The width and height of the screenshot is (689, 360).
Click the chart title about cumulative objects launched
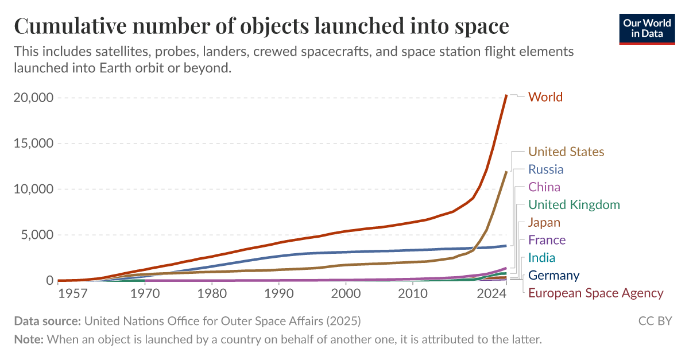(x=261, y=26)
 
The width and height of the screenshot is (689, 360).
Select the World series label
(x=545, y=97)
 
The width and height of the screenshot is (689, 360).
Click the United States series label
(x=566, y=152)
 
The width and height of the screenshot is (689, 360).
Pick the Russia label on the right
(x=545, y=169)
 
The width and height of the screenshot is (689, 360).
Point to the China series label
(x=544, y=187)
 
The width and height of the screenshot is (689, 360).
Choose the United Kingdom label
(x=574, y=205)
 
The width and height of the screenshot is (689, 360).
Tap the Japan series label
(x=544, y=222)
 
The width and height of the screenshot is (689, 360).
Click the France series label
(x=547, y=240)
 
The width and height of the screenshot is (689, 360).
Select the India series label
(x=541, y=258)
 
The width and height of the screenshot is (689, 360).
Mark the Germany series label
(x=553, y=276)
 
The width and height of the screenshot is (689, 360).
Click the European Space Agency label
(x=595, y=293)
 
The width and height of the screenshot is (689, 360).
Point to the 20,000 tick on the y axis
(x=33, y=98)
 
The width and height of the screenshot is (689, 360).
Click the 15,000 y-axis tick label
(x=33, y=144)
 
